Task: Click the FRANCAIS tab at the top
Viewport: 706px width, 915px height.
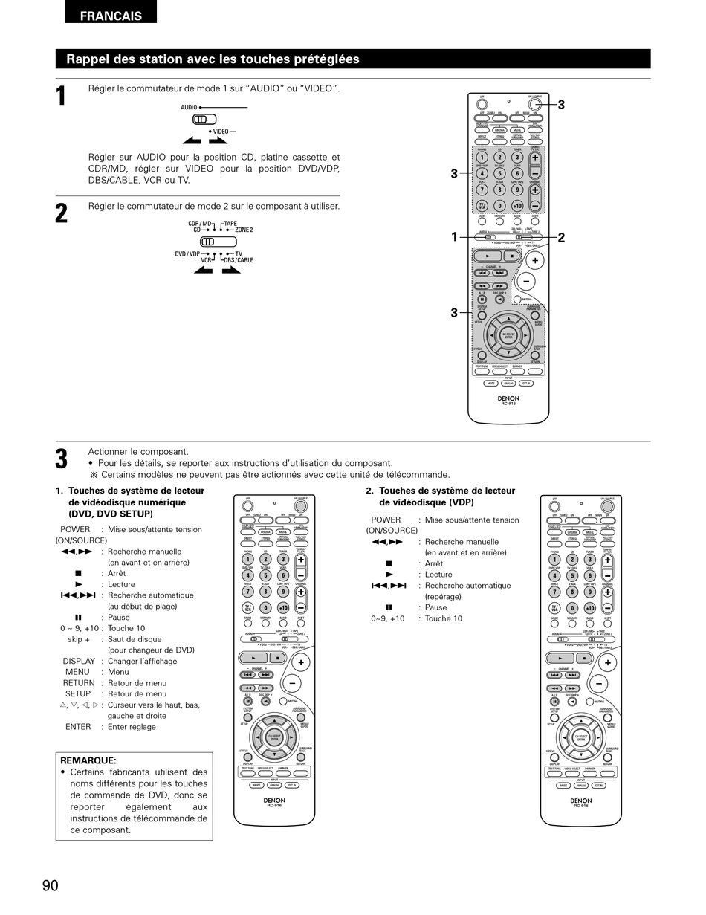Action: (111, 16)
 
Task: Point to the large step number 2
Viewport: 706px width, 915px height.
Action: (62, 213)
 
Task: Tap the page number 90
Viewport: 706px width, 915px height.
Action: (50, 885)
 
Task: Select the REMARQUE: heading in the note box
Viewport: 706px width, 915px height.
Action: (88, 760)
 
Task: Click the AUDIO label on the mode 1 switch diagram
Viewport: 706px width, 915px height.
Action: (189, 108)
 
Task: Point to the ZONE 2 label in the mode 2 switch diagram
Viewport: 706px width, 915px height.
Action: (244, 230)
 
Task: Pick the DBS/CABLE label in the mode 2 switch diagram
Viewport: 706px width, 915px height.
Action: (238, 260)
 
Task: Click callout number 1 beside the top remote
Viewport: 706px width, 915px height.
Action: (454, 237)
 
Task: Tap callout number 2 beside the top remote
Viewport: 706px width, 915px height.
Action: (561, 238)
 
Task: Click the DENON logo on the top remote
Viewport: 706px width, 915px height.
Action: (508, 398)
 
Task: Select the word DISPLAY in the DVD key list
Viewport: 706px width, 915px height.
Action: (79, 661)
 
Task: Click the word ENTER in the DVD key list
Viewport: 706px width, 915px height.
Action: (78, 727)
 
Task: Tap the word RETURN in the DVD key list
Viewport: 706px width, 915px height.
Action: (78, 683)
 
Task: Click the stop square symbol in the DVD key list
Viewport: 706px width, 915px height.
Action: (78, 574)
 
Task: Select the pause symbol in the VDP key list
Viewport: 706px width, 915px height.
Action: (389, 607)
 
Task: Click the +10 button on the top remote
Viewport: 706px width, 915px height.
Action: (517, 206)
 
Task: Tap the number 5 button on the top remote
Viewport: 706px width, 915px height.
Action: (499, 173)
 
